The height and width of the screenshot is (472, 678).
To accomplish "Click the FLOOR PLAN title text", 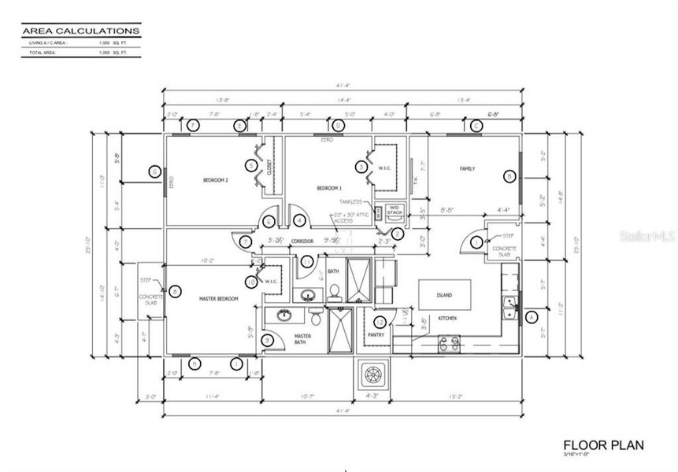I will (603, 445).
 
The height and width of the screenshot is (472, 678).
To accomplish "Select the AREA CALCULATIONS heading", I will (82, 31).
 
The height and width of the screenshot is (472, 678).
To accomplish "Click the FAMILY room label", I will (467, 168).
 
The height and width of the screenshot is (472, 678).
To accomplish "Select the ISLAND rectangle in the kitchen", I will (446, 294).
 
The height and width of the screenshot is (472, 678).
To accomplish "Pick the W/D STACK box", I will (395, 211).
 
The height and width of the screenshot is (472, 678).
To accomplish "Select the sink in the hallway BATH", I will (307, 295).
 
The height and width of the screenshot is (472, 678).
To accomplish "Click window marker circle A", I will (530, 317).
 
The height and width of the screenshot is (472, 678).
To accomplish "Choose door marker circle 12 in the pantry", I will (380, 321).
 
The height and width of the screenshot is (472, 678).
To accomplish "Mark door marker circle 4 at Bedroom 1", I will (299, 221).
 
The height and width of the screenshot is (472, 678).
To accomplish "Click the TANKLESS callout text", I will (350, 201).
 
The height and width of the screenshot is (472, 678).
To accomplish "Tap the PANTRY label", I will (375, 335).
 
